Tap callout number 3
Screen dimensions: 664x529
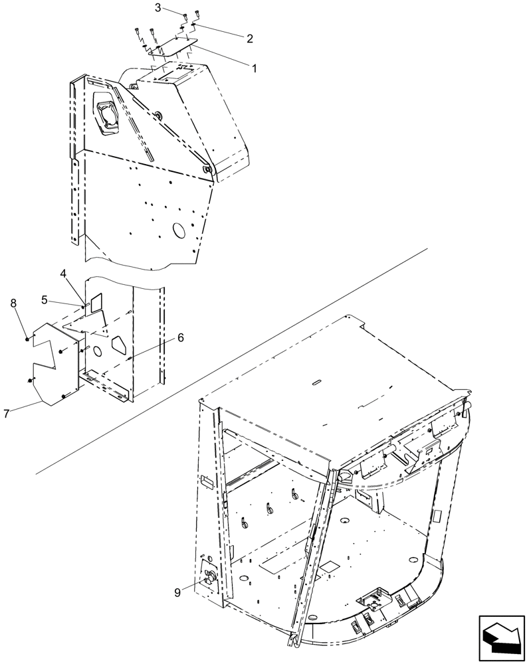[158, 8]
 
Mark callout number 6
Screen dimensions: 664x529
[180, 337]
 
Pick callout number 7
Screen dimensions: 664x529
[6, 414]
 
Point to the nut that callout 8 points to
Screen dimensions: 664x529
[27, 339]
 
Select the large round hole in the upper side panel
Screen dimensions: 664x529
[179, 230]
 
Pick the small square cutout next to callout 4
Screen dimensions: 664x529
[97, 302]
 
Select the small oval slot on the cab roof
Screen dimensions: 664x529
[316, 382]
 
